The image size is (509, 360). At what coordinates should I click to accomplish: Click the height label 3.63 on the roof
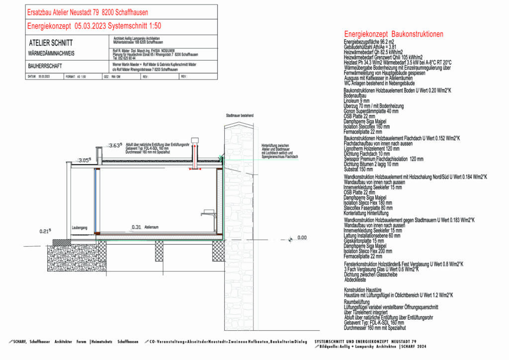(x=116, y=145)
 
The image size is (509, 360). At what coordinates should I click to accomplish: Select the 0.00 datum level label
(x=302, y=238)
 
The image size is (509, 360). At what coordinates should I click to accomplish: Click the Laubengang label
(x=80, y=227)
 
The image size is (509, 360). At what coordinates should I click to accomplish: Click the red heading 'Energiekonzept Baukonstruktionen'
(x=393, y=34)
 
